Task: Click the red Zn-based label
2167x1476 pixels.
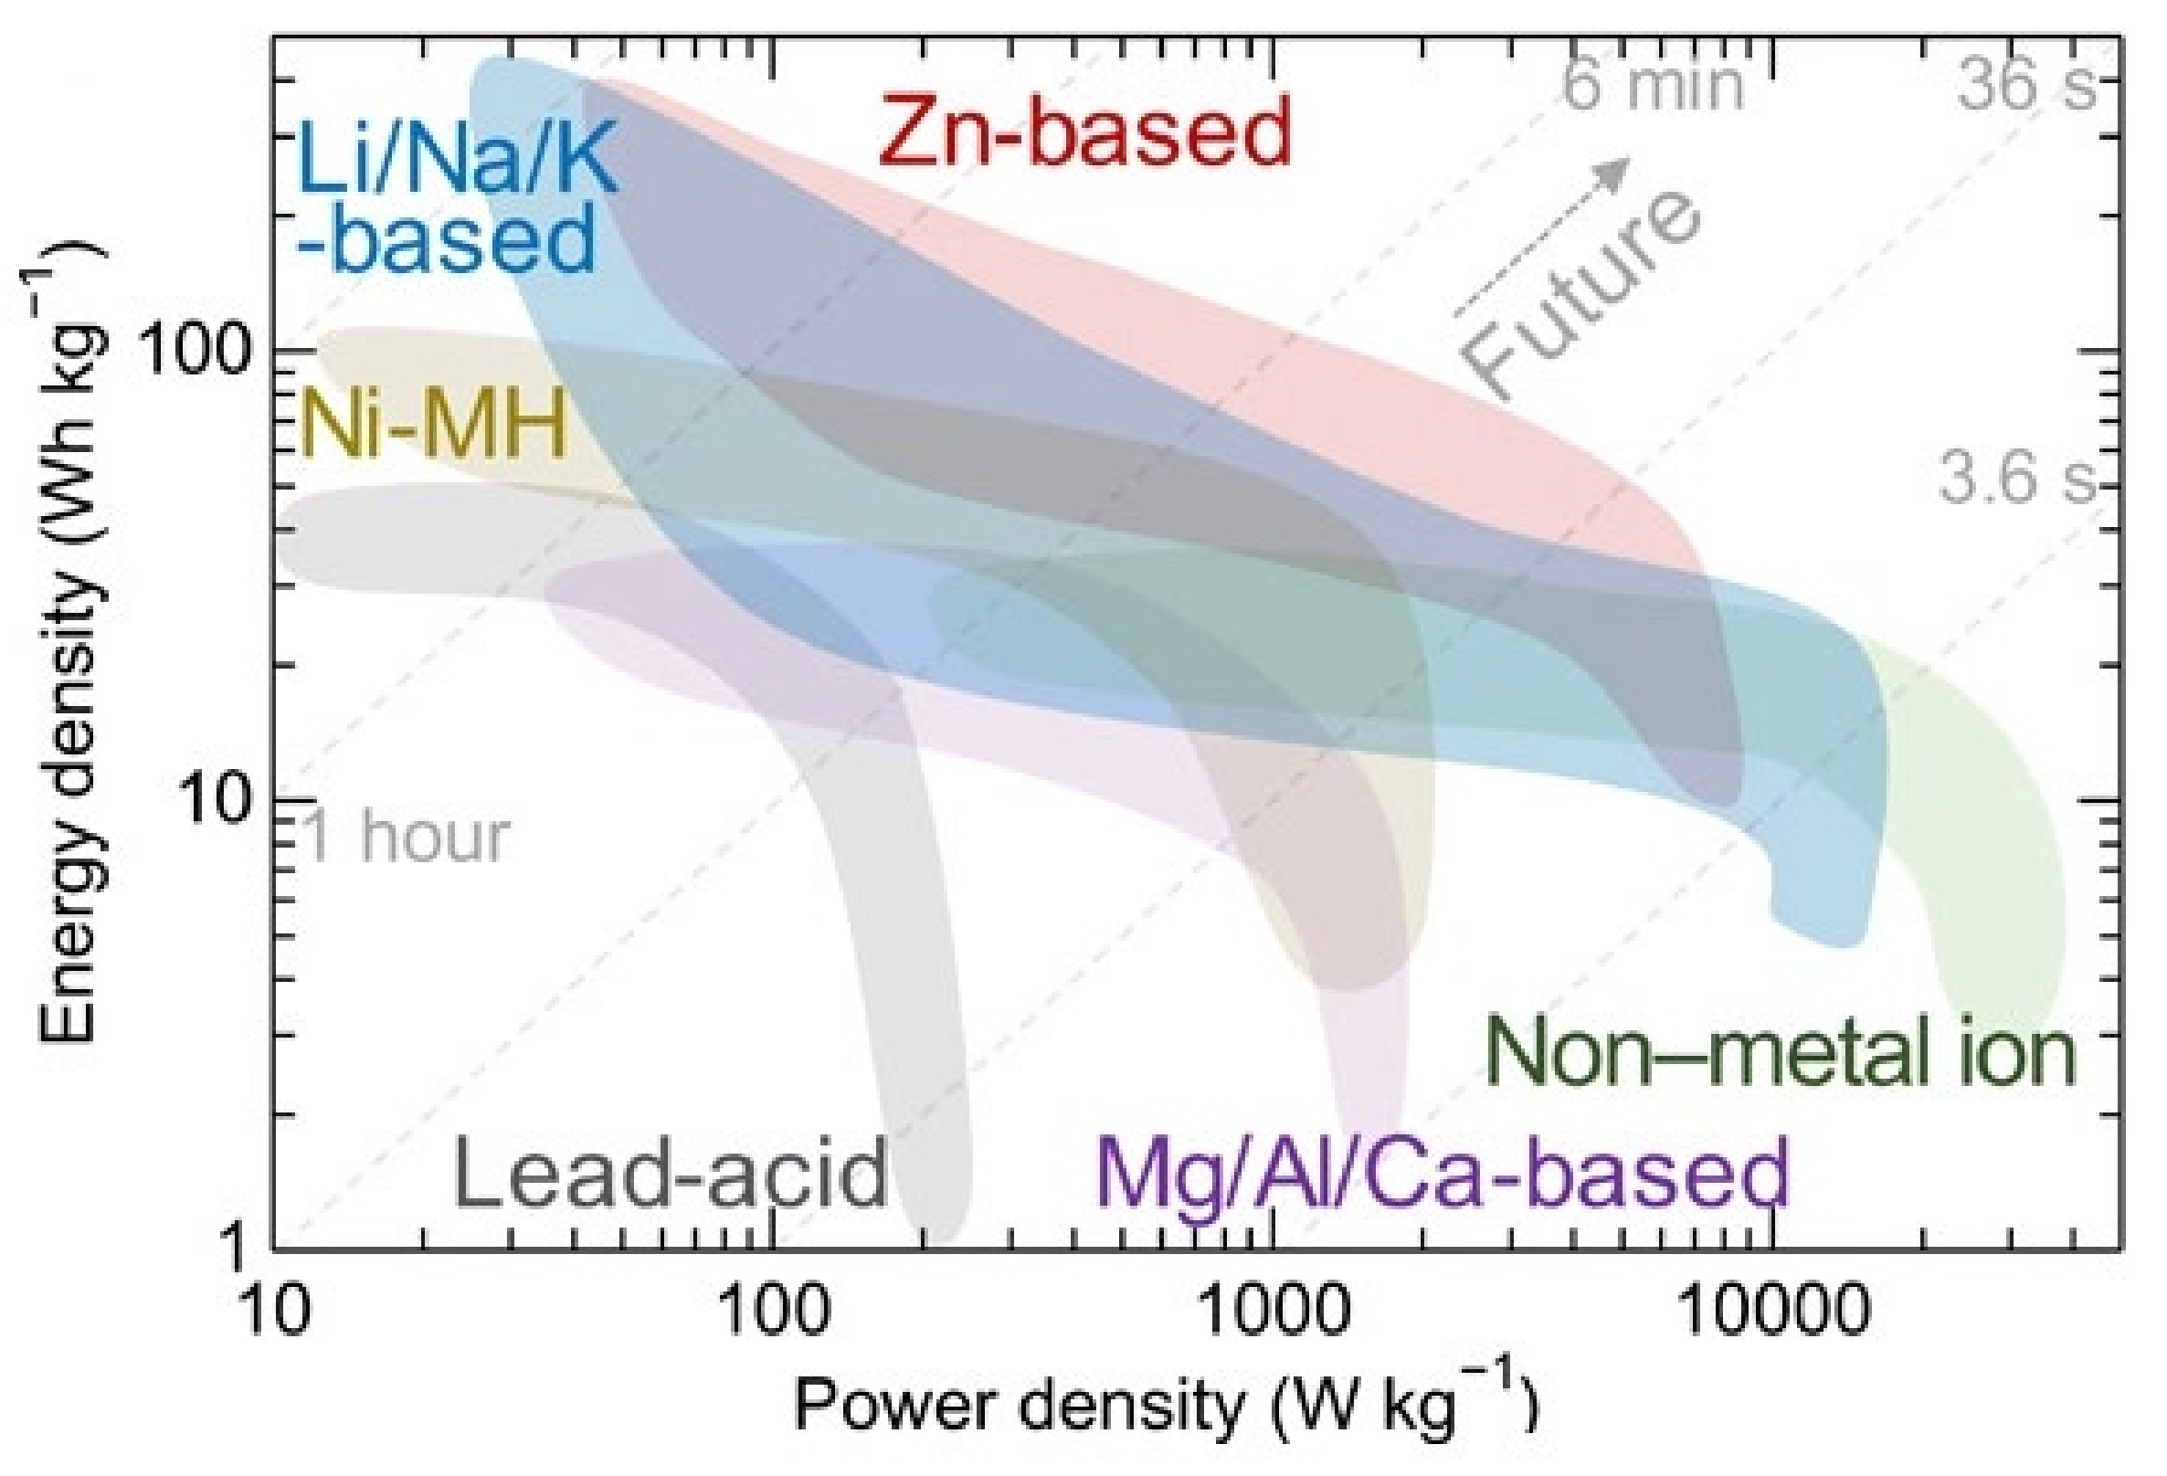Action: tap(1083, 132)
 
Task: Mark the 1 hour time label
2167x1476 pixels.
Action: tap(407, 837)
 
